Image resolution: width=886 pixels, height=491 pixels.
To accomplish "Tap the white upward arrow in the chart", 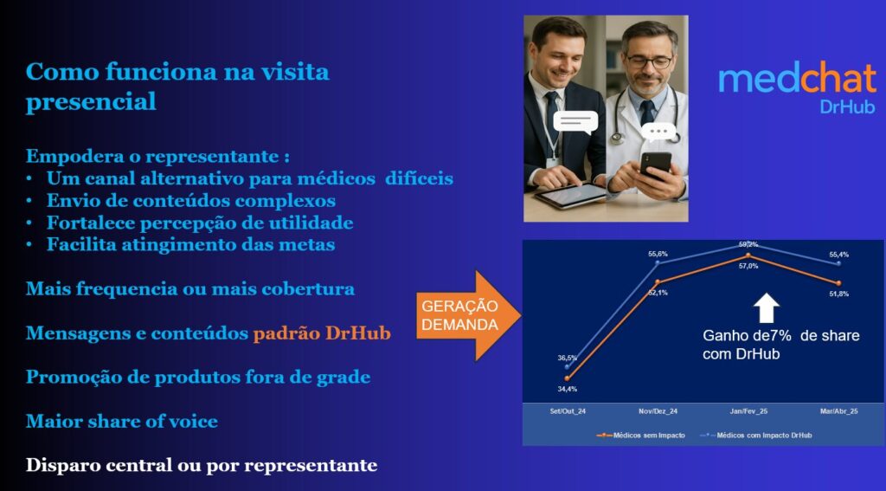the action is point(767,308).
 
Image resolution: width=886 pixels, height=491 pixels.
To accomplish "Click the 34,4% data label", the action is point(568,389).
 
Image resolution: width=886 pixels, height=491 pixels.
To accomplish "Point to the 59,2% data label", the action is point(748,244).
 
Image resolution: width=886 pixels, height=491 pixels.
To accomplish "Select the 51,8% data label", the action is point(838,294).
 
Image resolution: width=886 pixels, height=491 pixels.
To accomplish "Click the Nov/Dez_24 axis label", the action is point(658,411).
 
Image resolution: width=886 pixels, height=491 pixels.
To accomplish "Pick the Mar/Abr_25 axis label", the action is point(839,411).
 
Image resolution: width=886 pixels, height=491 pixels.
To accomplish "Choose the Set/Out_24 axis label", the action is point(568,411).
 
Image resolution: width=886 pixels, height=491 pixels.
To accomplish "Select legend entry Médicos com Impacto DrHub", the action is point(756,435).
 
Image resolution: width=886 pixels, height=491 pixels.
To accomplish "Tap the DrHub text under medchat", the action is point(847,107).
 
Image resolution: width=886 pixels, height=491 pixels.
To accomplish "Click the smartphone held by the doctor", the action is point(655,164).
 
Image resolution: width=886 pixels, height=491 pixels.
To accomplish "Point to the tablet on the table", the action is point(570,195).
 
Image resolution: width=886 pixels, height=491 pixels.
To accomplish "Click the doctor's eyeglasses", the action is point(649,61).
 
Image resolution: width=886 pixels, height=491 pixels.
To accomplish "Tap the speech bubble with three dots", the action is point(658,132).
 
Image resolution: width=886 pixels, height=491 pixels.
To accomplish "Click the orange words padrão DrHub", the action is point(322,333).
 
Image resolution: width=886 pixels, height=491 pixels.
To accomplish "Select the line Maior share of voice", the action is point(121,422).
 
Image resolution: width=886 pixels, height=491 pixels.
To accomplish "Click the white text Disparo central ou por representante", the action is point(201,466).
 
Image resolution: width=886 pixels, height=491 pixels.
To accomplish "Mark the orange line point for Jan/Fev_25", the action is point(748,255).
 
